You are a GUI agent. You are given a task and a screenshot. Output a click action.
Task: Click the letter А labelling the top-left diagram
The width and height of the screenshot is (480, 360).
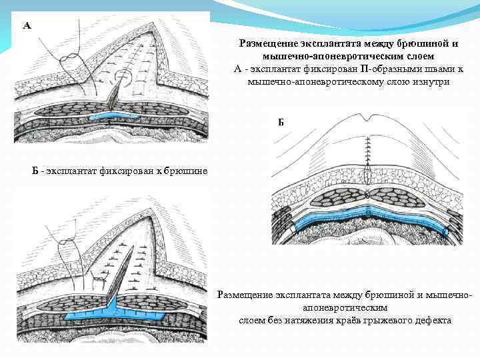tap(27, 26)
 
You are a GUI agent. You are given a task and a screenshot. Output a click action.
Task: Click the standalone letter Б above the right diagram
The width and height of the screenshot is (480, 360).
tap(281, 122)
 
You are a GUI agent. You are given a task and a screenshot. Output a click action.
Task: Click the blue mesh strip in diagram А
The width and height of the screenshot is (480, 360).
tap(113, 117)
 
